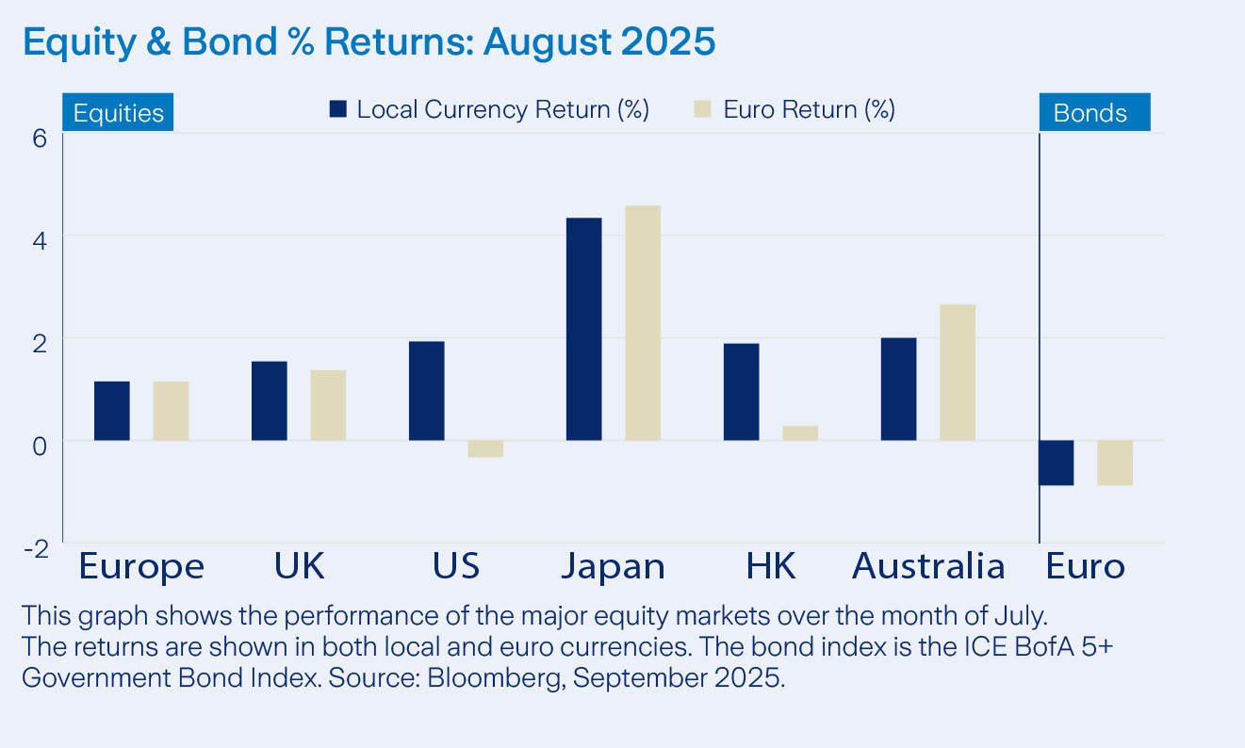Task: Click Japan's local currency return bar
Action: point(583,329)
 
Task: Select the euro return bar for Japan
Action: point(643,322)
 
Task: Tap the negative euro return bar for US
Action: point(485,448)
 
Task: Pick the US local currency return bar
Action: point(426,390)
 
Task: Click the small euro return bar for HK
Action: point(800,433)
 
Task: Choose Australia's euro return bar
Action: point(958,372)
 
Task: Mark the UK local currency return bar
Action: point(269,400)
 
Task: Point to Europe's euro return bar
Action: point(171,411)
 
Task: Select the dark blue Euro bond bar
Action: point(1057,463)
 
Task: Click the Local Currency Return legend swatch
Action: point(338,109)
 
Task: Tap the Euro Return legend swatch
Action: point(702,109)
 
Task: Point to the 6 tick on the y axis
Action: point(40,138)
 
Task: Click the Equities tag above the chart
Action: point(118,113)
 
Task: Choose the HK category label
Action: point(770,566)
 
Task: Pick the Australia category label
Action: point(927,566)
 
